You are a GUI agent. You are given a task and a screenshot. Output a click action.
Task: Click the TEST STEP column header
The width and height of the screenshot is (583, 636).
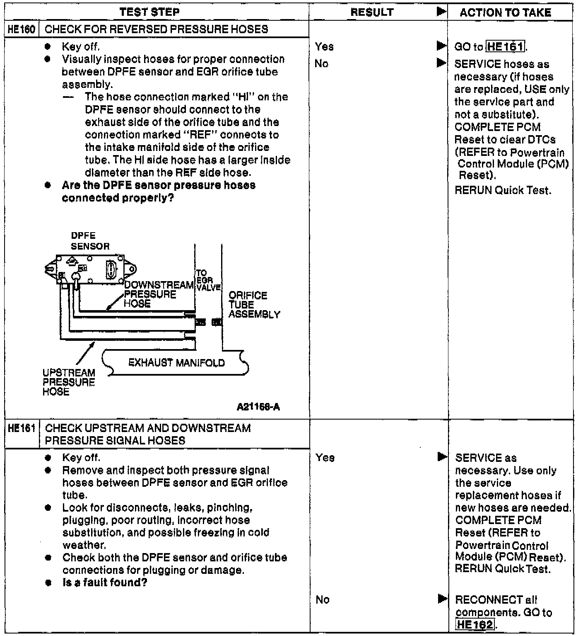[x=149, y=12]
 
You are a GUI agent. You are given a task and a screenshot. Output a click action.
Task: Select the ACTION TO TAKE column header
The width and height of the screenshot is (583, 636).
[x=505, y=13]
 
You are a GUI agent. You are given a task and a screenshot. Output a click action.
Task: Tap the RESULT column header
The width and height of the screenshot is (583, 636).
[x=372, y=12]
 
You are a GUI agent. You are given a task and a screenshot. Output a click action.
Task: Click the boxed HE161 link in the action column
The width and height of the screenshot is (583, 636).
[x=505, y=47]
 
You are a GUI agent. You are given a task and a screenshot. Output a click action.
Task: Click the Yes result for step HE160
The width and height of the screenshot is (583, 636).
[x=324, y=47]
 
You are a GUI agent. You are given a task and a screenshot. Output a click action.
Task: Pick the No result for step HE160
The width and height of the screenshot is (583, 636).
[x=322, y=64]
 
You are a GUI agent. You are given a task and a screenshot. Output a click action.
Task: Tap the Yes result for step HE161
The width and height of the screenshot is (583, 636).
[x=325, y=458]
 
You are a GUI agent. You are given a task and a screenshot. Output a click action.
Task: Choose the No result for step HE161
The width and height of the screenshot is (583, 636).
[x=323, y=600]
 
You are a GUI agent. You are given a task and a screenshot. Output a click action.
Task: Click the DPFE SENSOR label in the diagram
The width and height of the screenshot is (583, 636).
[x=90, y=241]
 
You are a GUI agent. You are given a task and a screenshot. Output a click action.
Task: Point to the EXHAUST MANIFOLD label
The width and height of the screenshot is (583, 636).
[x=177, y=363]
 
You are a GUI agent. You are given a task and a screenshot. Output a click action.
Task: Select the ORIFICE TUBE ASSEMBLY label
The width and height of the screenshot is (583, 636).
[x=253, y=305]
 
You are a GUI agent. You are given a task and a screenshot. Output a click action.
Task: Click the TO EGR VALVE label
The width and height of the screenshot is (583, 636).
[x=208, y=280]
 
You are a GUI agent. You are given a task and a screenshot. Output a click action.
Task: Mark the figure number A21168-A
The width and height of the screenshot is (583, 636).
[x=258, y=407]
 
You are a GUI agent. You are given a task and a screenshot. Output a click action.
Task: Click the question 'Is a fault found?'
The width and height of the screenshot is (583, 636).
[x=105, y=583]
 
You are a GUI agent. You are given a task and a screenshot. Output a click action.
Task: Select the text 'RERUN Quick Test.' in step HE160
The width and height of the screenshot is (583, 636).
[x=503, y=191]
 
